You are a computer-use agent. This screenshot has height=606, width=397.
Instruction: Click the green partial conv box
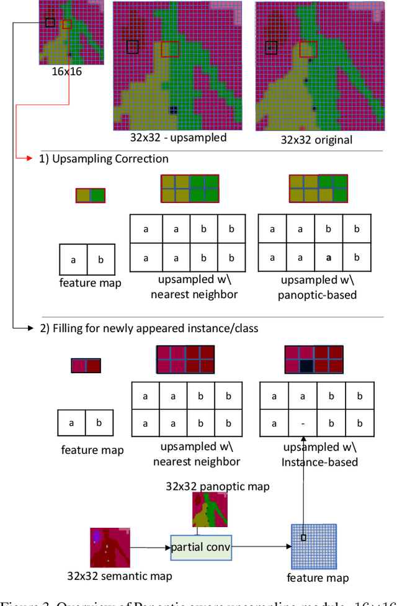point(200,547)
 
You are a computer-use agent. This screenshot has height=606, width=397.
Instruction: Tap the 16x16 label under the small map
point(67,71)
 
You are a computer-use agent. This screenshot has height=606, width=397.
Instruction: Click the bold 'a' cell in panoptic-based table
point(329,257)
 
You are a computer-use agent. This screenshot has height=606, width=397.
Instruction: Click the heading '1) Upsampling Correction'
point(104,159)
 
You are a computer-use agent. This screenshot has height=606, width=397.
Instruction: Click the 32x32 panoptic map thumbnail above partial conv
point(210,510)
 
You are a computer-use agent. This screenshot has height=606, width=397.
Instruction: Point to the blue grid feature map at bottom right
point(313,546)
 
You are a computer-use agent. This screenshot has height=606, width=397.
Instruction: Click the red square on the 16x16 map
point(68,24)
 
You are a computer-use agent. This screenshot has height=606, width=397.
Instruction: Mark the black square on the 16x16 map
point(50,22)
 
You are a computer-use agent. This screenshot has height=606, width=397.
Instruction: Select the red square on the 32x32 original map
point(308,48)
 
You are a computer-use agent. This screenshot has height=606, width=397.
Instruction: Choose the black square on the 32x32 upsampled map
point(133,47)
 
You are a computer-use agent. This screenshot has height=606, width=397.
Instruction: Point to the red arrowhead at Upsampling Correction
point(29,159)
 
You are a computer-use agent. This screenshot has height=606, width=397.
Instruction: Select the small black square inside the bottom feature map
point(304,538)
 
